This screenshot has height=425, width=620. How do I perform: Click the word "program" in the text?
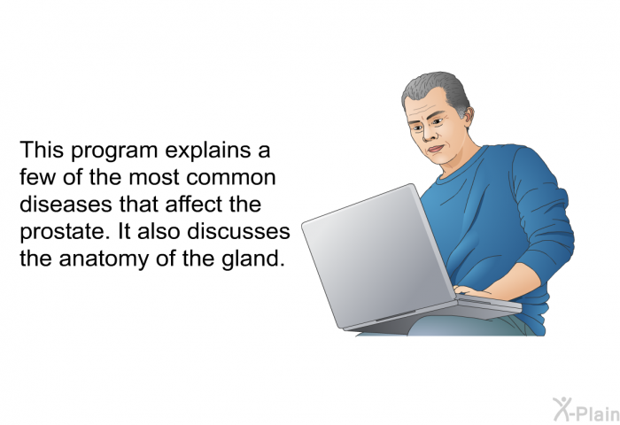pyautogui.click(x=114, y=151)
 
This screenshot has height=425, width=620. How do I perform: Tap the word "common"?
pyautogui.click(x=231, y=178)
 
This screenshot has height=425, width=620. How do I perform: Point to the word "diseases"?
pyautogui.click(x=66, y=205)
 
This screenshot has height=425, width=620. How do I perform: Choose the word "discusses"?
pyautogui.click(x=238, y=231)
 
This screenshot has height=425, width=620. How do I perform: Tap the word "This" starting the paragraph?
pyautogui.click(x=42, y=151)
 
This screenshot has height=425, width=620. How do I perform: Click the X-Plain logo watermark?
pyautogui.click(x=586, y=410)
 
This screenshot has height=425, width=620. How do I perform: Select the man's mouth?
pyautogui.click(x=436, y=149)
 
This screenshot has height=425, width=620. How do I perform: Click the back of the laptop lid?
pyautogui.click(x=377, y=256)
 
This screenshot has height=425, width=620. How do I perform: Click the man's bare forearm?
pyautogui.click(x=514, y=282)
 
